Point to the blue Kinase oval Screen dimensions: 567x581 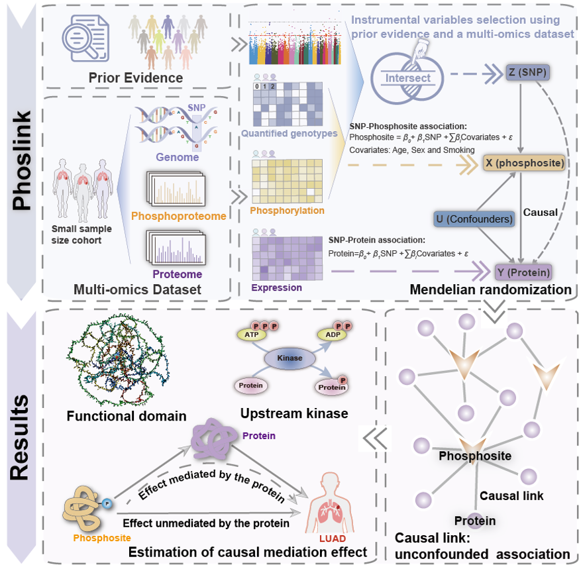click(290, 358)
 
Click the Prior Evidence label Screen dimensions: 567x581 click(136, 78)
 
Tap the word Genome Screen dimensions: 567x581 click(176, 157)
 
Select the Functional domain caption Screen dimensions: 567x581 click(127, 417)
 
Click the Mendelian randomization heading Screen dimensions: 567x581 click(490, 289)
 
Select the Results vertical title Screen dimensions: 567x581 click(23, 438)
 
